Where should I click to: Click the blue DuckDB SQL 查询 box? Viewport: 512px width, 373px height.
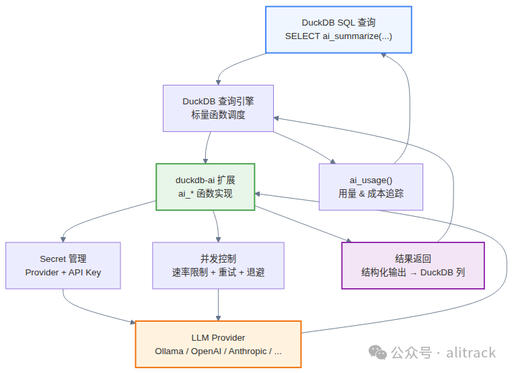coord(338,30)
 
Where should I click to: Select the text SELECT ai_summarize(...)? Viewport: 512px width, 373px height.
coord(338,36)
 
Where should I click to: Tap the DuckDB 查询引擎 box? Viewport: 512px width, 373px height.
coord(218,108)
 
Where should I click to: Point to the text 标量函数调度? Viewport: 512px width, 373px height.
coord(218,114)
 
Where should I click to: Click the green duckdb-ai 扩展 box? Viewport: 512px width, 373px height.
coord(205,186)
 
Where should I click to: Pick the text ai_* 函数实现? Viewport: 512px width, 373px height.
coord(205,193)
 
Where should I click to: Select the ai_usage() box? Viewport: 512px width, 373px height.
coord(371,186)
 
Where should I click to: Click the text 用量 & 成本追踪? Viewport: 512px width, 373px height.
coord(371,193)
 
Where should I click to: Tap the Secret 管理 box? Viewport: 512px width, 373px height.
coord(63,265)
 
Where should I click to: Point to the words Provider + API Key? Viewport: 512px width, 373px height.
coord(63,272)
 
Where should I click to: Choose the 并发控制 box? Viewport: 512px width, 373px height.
coord(218,265)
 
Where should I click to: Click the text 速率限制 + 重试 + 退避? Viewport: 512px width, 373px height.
coord(218,272)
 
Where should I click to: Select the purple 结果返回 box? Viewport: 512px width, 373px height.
coord(413,265)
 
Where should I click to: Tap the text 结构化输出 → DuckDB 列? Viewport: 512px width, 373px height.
coord(413,272)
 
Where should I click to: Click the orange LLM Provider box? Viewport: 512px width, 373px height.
coord(218,344)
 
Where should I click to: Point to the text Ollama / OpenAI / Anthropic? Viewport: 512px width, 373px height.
coord(213,351)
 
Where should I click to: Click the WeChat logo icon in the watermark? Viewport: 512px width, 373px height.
coord(378,352)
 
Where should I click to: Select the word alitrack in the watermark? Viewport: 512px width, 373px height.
coord(471,353)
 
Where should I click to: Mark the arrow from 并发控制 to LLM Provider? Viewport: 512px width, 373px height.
coord(218,305)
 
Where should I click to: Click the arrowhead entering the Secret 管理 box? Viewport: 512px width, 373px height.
coord(63,240)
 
